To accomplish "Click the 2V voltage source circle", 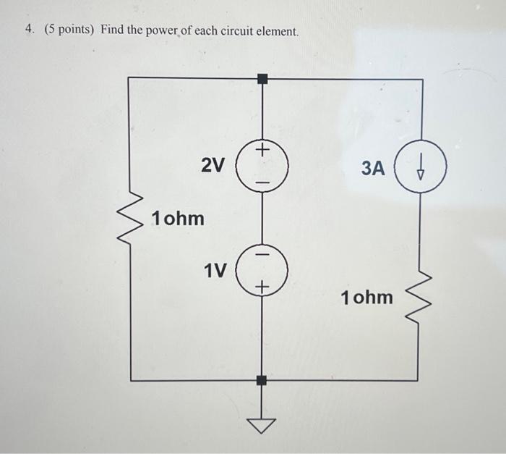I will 263,165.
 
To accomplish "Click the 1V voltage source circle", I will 263,271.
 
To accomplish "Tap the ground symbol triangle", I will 263,425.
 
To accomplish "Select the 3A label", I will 373,169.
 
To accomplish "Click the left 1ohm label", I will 178,218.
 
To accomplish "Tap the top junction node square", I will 263,77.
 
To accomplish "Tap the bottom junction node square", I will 263,379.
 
